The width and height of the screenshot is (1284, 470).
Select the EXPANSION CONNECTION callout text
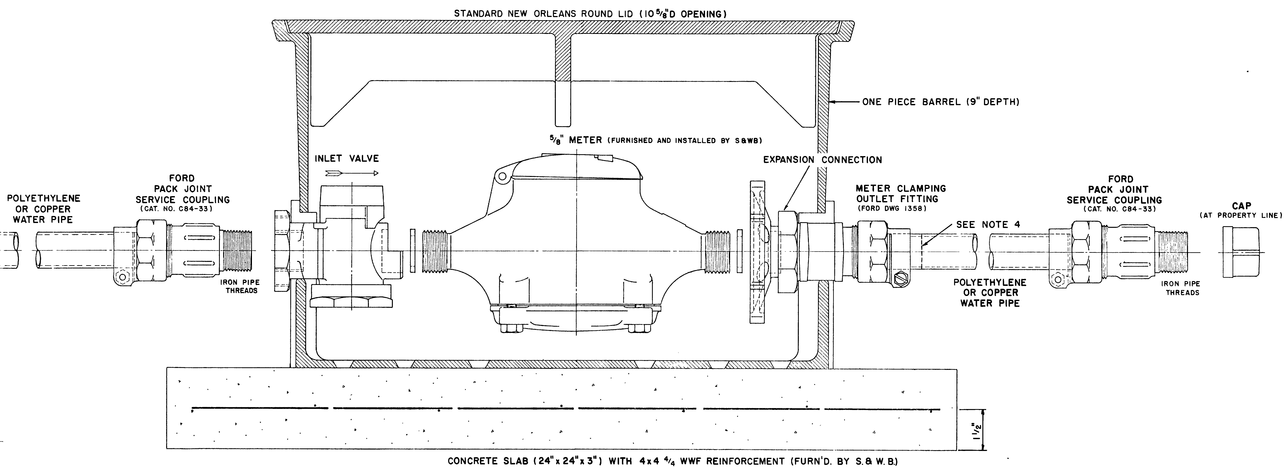tap(822, 160)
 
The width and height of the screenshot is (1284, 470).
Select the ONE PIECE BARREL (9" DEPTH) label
tap(941, 102)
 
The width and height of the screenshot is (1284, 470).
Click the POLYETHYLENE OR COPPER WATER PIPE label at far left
tap(43, 209)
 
